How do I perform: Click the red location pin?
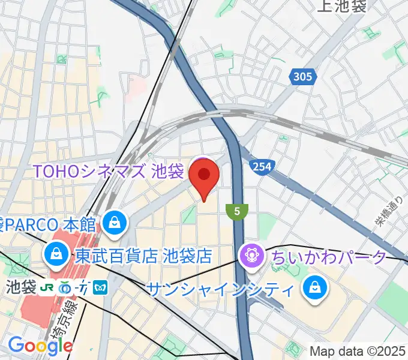[x=204, y=178]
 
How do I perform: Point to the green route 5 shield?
[x=238, y=211]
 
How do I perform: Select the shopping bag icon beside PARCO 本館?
[x=113, y=223]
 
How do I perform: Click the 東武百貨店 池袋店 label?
[x=144, y=257]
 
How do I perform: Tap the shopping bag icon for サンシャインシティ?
[x=314, y=289]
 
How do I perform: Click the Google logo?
[x=40, y=345]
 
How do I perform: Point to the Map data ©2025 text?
[x=358, y=351]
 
